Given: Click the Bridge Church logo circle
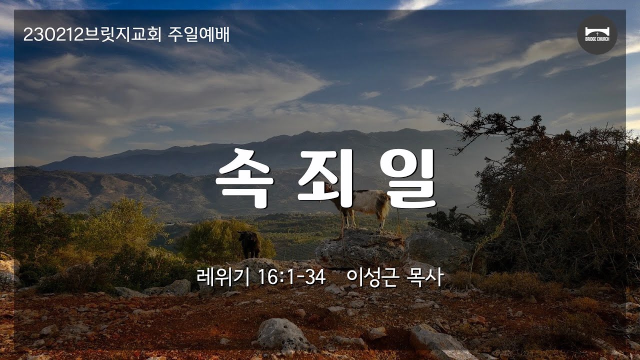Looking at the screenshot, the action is click(597, 34).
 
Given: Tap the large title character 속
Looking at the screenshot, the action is click(243, 177).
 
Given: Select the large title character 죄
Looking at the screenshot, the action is click(325, 177).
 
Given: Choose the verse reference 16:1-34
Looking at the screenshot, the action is click(291, 277).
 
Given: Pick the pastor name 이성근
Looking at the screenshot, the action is click(371, 277).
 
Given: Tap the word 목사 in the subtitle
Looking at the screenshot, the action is click(425, 277).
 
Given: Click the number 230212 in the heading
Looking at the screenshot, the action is click(53, 35).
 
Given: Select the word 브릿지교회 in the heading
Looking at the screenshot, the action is click(122, 35).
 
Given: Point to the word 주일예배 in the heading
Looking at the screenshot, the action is click(198, 35).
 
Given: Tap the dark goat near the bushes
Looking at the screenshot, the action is click(249, 244).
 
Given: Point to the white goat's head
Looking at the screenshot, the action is click(328, 188).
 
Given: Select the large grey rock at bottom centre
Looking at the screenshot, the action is click(281, 334).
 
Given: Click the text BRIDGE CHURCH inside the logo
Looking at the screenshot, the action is click(597, 39).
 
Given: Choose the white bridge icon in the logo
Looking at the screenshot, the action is click(597, 31).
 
